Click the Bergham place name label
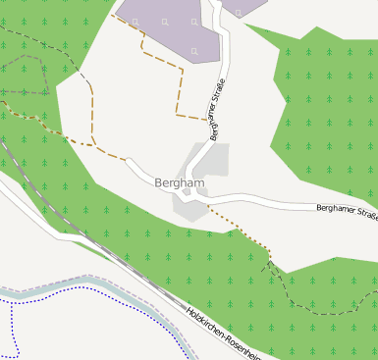tap(180, 182)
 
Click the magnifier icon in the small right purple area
tap(237, 12)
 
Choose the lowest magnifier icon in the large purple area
tap(194, 51)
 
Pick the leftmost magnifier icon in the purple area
tap(136, 19)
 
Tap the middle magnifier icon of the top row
tap(164, 21)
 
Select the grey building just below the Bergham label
tap(186, 206)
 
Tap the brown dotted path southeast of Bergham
tap(241, 232)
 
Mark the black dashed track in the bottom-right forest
tap(295, 294)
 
